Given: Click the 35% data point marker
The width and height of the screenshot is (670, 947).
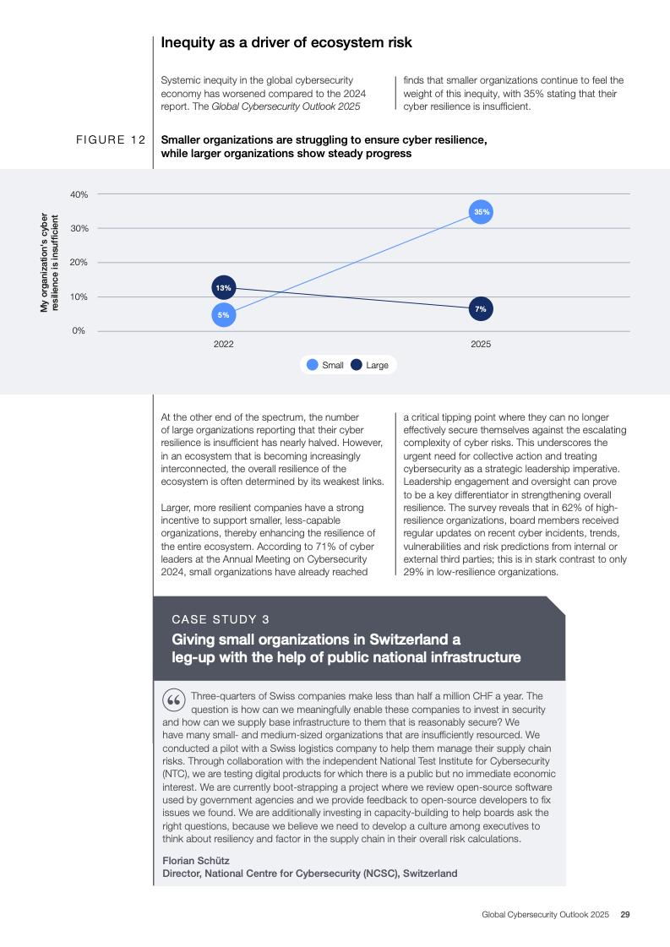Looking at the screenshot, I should point(481,212).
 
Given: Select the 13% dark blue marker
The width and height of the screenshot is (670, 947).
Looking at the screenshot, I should point(223,288).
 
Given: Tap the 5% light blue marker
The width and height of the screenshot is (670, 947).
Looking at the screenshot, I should point(223,314).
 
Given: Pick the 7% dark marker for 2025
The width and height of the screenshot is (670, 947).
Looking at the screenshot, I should point(480,309).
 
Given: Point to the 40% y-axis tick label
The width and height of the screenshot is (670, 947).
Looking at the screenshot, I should point(79,194).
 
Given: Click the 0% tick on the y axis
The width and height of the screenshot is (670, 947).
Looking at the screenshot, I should point(79,330).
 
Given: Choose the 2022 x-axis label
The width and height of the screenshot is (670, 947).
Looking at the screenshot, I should point(223,345).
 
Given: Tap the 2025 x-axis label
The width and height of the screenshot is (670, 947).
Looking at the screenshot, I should point(480,345).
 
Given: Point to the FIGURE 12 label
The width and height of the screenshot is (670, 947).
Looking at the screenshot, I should point(110,139).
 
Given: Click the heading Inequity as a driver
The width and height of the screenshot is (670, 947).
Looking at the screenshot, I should point(286,42).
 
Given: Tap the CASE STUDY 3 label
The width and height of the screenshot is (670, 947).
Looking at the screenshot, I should point(221,619).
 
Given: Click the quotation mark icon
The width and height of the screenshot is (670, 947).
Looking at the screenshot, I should point(173,701).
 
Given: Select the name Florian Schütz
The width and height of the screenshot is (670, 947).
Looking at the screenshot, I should point(195,860).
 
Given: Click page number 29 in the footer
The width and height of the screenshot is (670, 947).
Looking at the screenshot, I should point(625,914).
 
